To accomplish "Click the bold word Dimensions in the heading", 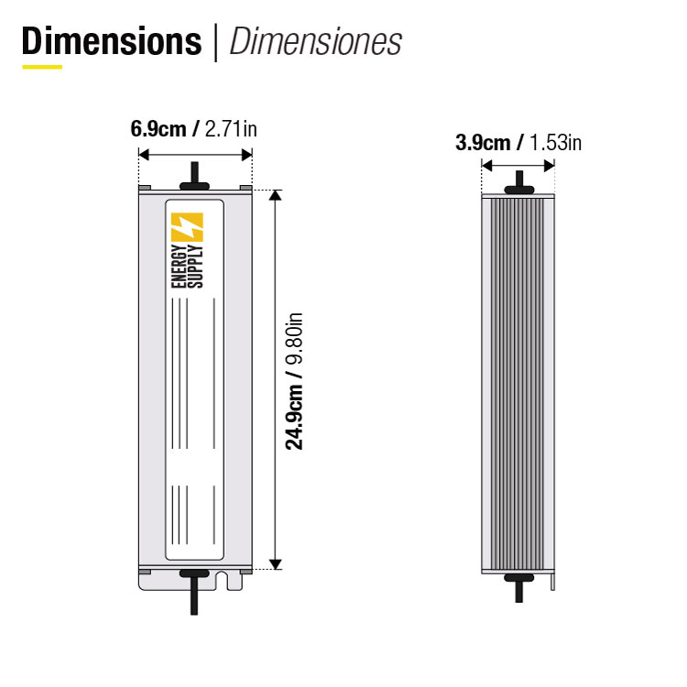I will (x=112, y=41).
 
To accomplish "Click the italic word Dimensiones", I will (x=315, y=41).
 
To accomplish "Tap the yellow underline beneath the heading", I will (x=42, y=67).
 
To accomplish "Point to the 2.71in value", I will (x=231, y=129).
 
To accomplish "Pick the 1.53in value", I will (x=555, y=142).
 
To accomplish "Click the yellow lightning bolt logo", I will (x=186, y=228).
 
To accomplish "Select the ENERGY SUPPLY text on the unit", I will (x=186, y=267).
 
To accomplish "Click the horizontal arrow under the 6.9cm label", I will (x=195, y=155).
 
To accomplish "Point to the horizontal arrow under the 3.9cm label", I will (x=518, y=166).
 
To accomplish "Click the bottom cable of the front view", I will (x=193, y=600).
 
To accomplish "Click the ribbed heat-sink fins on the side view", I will (x=518, y=385).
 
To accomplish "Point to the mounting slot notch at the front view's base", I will (x=223, y=578).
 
